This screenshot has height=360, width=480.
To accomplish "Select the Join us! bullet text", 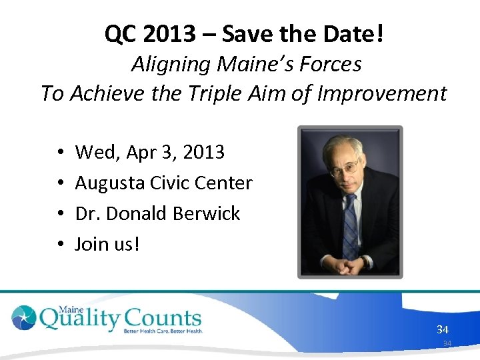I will pyautogui.click(x=107, y=244).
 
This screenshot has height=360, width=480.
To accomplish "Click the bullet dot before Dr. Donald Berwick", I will pyautogui.click(x=60, y=214).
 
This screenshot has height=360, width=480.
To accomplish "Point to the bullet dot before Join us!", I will pyautogui.click(x=60, y=245).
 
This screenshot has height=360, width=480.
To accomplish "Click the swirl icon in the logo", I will pyautogui.click(x=24, y=318).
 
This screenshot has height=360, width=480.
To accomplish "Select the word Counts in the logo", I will pyautogui.click(x=161, y=318).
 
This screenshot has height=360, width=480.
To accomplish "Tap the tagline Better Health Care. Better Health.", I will pyautogui.click(x=162, y=331).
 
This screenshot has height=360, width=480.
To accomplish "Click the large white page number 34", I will pyautogui.click(x=443, y=329).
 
